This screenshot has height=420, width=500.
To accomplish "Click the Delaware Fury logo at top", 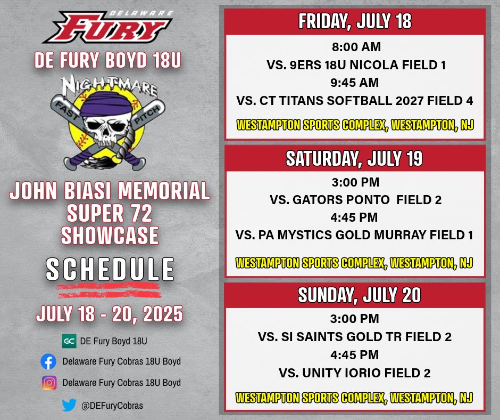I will (x=109, y=27).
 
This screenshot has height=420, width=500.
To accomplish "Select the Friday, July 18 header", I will (x=355, y=22).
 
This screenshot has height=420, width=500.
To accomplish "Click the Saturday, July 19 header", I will (x=355, y=158).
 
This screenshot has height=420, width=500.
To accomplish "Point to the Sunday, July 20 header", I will (x=355, y=295).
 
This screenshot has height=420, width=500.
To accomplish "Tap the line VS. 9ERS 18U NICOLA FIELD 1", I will (x=355, y=64).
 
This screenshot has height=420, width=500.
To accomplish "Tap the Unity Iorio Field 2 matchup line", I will (x=355, y=373).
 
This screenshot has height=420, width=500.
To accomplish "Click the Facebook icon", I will (x=48, y=362).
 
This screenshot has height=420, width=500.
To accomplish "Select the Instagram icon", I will (x=48, y=383).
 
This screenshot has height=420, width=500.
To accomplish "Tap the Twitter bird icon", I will (x=69, y=405).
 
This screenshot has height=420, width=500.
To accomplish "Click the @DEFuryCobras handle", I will (x=112, y=406).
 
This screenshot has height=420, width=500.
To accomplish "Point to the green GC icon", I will (x=68, y=341).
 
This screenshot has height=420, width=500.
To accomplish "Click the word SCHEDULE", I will (x=110, y=270).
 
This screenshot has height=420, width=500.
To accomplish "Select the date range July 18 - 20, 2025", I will (x=110, y=313).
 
